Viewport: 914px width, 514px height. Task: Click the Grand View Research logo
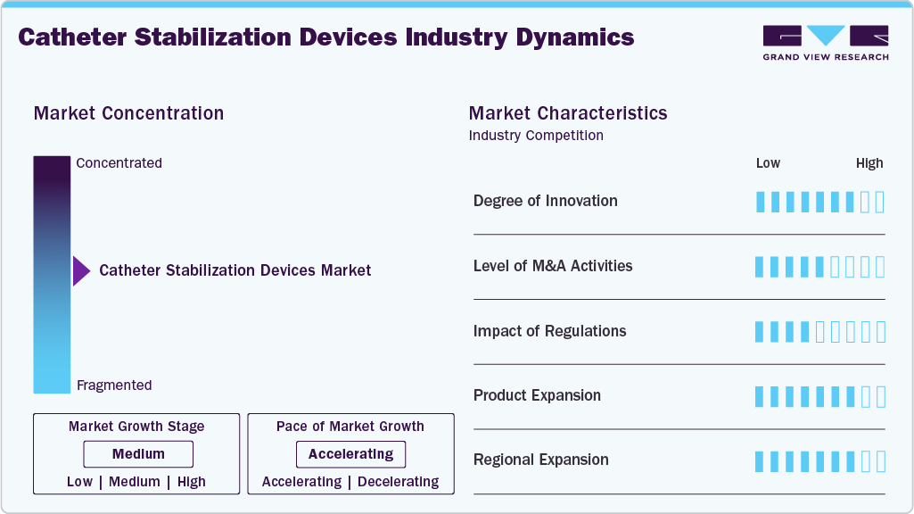click(825, 42)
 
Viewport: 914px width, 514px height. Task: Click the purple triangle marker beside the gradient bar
click(81, 270)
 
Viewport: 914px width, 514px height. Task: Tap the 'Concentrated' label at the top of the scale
click(119, 163)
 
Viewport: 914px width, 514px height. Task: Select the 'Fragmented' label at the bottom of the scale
click(114, 385)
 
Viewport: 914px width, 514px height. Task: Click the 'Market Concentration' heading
click(128, 113)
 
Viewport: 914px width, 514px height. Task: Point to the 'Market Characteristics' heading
click(567, 113)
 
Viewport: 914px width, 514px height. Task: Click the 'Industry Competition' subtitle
click(535, 136)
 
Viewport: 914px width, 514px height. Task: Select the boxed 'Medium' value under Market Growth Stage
click(138, 454)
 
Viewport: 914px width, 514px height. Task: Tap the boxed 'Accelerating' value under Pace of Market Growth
click(350, 454)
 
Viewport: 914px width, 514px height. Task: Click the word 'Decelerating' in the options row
click(399, 482)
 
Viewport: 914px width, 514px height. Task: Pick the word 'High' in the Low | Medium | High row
click(191, 482)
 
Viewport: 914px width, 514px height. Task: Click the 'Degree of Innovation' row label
click(545, 201)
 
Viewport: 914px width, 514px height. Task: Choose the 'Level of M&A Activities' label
click(552, 266)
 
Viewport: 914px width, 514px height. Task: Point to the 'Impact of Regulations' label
click(549, 331)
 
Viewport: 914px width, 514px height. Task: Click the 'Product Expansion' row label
click(537, 395)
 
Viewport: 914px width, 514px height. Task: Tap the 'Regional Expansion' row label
click(540, 460)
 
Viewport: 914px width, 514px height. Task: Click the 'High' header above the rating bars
click(869, 163)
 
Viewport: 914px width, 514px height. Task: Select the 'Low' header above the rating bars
click(768, 163)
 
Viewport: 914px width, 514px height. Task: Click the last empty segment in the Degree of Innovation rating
click(880, 202)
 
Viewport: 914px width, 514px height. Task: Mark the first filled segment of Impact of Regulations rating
click(760, 332)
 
